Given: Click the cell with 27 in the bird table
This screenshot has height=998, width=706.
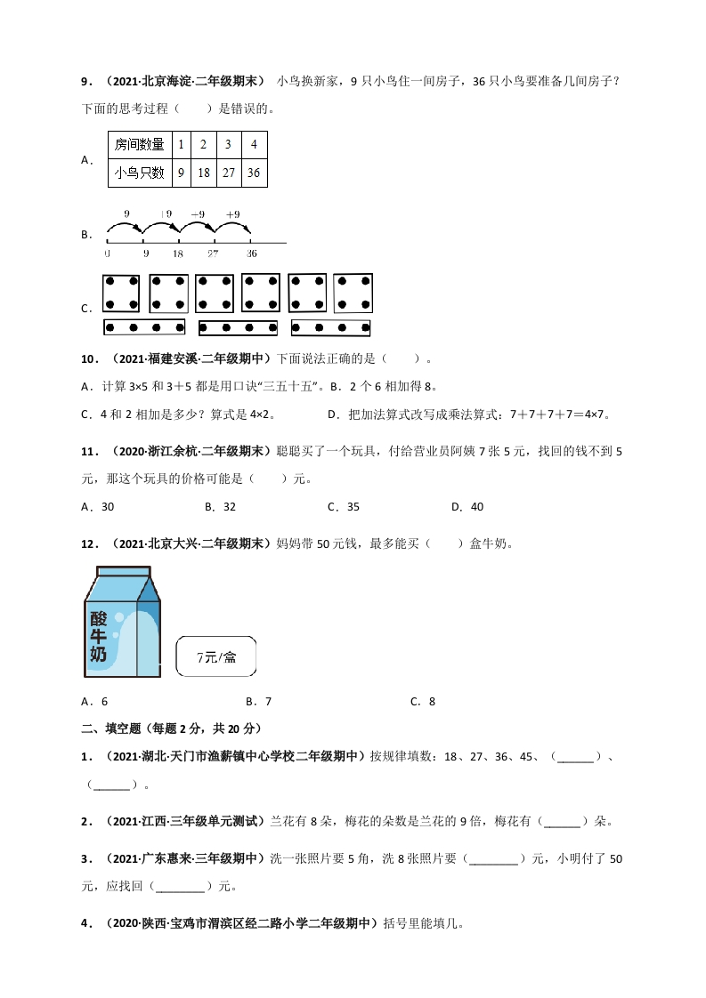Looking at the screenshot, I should click(x=229, y=173).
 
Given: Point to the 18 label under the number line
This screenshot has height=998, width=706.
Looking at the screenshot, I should click(x=178, y=254).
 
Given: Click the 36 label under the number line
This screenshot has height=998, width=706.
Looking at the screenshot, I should click(x=249, y=254).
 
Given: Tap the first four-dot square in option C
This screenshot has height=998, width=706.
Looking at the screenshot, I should click(x=121, y=294).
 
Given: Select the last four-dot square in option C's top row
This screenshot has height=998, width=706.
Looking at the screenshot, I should click(x=353, y=294).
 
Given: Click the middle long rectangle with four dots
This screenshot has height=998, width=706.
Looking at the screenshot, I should click(x=238, y=328).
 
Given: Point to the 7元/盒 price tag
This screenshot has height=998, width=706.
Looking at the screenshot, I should click(x=216, y=657).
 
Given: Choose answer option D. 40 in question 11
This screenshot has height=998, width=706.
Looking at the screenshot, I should click(x=467, y=507).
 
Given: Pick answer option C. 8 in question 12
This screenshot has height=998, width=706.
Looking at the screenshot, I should click(x=423, y=701).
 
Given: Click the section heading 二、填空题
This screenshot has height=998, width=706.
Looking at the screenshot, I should click(x=111, y=728).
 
